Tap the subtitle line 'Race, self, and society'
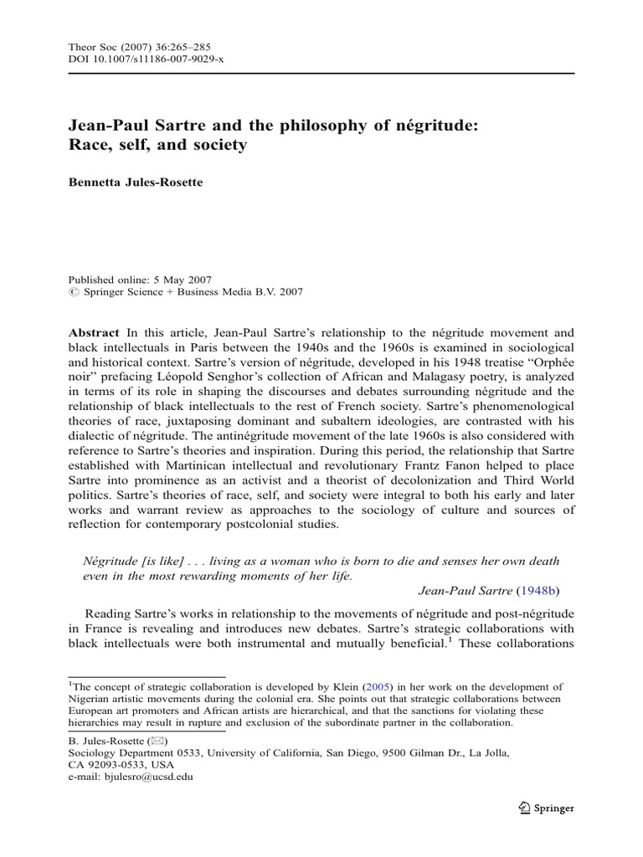point(157,145)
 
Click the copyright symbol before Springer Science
point(72,292)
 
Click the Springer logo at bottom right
point(547,808)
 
